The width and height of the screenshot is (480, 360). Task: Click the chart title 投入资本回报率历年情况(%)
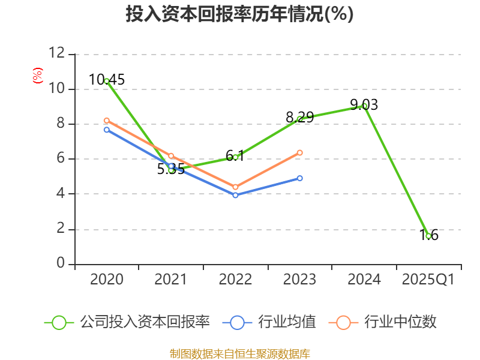point(239,14)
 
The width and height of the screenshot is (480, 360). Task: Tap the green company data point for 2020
point(107,81)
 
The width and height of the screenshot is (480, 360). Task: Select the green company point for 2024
point(364,106)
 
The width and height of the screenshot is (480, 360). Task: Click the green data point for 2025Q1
point(428,236)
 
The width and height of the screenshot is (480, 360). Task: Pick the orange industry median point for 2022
point(235,187)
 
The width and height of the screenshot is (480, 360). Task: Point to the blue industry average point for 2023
point(299,178)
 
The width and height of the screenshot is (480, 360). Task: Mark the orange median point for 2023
point(299,152)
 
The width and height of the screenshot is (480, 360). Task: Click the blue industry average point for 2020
point(107,130)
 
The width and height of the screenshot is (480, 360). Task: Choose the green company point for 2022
point(235,157)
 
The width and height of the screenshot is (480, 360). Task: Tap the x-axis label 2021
point(170,280)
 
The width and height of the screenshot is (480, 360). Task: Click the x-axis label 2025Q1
point(428,280)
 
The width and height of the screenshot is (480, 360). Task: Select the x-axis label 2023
point(299,280)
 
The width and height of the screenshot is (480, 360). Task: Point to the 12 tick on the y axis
point(56,53)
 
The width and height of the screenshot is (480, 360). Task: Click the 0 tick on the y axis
point(61,263)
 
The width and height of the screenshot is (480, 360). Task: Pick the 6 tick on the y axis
point(61,158)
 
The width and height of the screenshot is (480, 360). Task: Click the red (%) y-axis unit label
point(37,76)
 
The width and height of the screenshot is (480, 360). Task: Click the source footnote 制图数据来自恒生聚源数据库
point(239,353)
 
